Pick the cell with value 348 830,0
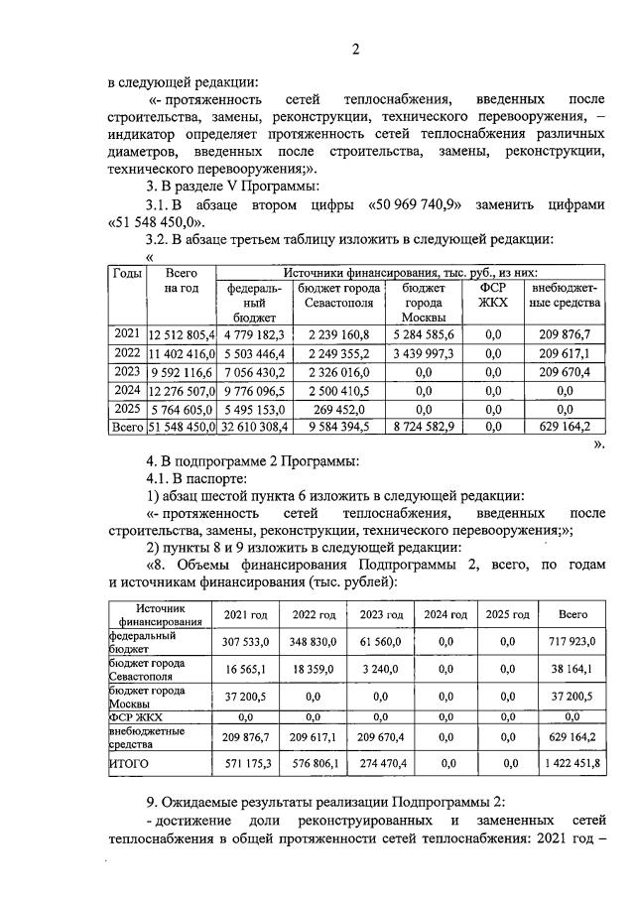[x=312, y=643]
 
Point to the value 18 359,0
[x=312, y=670]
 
